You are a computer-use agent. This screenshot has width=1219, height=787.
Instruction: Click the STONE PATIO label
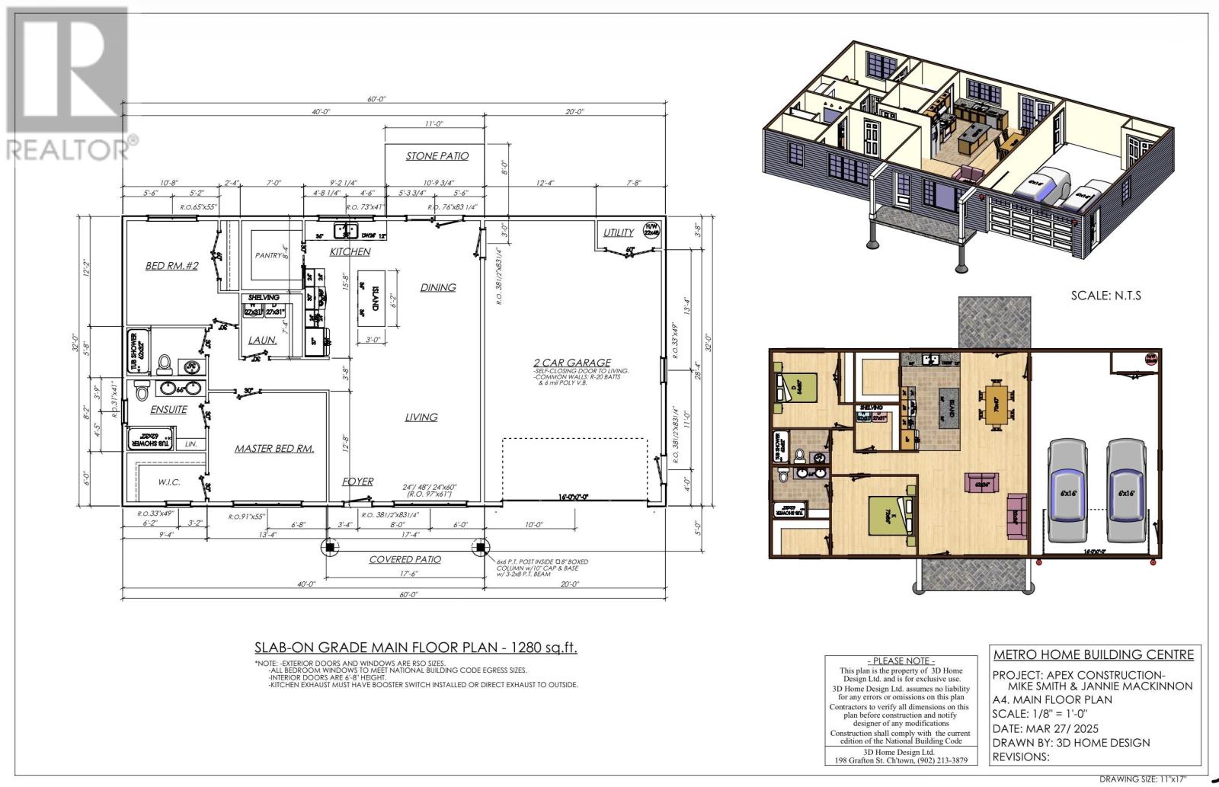point(437,156)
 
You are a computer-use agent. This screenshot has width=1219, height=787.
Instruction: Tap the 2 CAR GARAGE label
point(572,363)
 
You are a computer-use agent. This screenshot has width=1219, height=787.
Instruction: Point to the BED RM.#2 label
point(172,266)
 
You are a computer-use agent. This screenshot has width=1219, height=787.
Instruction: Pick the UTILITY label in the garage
point(619,232)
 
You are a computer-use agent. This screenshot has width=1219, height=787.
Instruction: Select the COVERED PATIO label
point(405,559)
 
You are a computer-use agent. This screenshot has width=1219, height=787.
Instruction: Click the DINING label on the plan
point(438,287)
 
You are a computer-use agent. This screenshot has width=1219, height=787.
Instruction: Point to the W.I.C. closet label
point(168,481)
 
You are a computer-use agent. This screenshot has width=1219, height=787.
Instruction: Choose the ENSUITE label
point(168,409)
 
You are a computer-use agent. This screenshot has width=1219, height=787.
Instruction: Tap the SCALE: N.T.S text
point(1105,295)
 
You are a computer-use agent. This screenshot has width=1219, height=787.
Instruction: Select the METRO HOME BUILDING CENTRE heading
point(1093,654)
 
